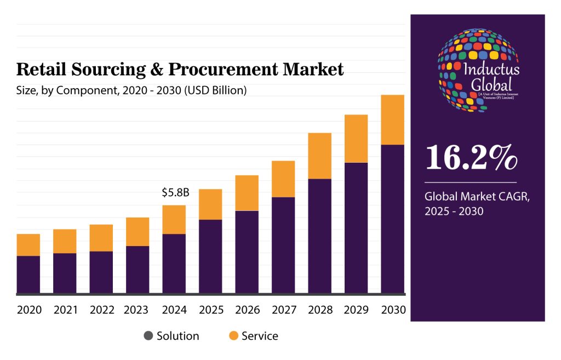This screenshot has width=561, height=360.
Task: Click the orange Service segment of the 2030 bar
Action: click(x=392, y=119)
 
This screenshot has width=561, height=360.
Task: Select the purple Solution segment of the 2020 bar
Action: click(x=28, y=274)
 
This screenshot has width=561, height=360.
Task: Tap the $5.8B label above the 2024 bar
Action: click(x=175, y=193)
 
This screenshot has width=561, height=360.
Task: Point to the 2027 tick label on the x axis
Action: click(x=283, y=310)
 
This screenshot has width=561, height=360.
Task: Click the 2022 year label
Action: click(x=101, y=310)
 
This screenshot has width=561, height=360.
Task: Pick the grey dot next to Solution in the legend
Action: click(x=148, y=336)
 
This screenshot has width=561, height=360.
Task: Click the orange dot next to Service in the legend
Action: click(x=233, y=336)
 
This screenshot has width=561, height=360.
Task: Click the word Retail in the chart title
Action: click(x=37, y=70)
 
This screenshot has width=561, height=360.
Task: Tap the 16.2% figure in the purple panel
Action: click(x=471, y=157)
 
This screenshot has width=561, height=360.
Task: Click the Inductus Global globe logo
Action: click(x=478, y=70)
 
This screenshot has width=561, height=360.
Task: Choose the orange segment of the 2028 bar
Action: click(x=319, y=156)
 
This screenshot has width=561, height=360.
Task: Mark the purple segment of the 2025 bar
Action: click(x=210, y=256)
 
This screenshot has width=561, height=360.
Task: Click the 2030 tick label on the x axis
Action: click(x=392, y=310)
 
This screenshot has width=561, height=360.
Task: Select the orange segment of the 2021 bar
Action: click(x=65, y=241)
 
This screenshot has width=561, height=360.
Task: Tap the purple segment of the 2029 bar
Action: click(x=356, y=227)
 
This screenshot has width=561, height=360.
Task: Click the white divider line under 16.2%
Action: click(x=471, y=182)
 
